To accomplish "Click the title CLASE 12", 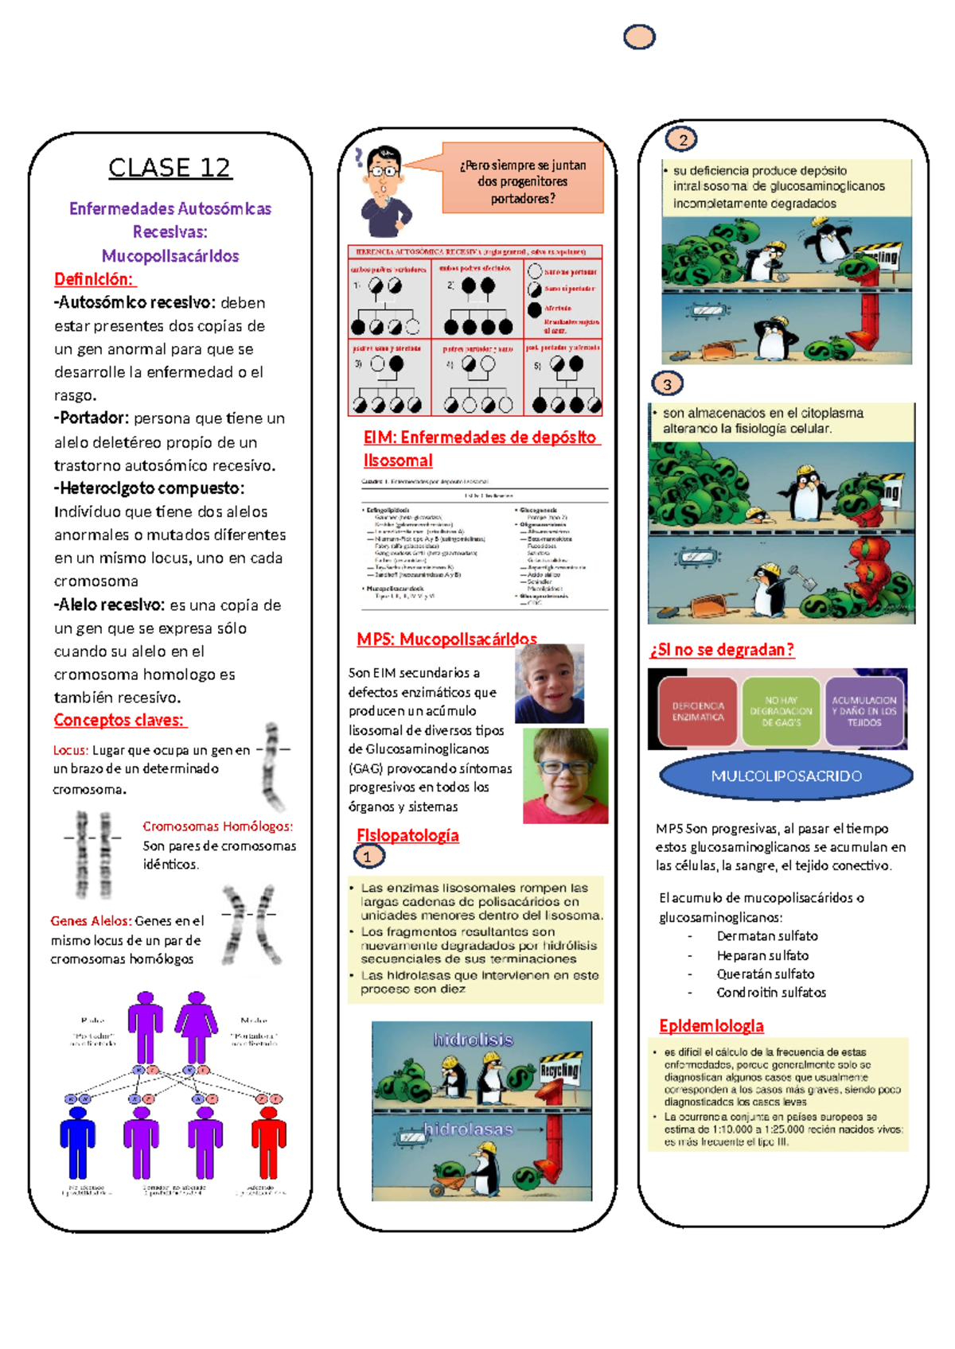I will coord(170,168).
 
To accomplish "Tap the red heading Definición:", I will coord(94,279).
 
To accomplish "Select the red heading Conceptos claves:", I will coord(119,720).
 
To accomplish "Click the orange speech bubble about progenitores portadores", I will coord(523,181).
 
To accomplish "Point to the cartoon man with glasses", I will coord(386,191).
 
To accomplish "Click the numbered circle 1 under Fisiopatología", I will coord(368,857).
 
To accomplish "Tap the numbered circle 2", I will coord(682,140).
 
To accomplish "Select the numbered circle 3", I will coord(667,384).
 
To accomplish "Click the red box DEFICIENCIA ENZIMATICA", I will coord(698,711).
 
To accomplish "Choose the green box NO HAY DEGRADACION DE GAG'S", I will coord(781,711).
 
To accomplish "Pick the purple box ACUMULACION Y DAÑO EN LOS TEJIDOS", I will coord(864,711).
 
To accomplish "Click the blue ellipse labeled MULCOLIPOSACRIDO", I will coord(786,776).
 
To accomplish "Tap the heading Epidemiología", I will coord(711,1026).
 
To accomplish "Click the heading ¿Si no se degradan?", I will coord(722,650).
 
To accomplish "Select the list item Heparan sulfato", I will coord(762,955).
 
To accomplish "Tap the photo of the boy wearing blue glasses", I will coord(565,776).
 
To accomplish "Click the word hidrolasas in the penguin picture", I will coord(468,1129).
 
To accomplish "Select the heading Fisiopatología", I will coord(408,835).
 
